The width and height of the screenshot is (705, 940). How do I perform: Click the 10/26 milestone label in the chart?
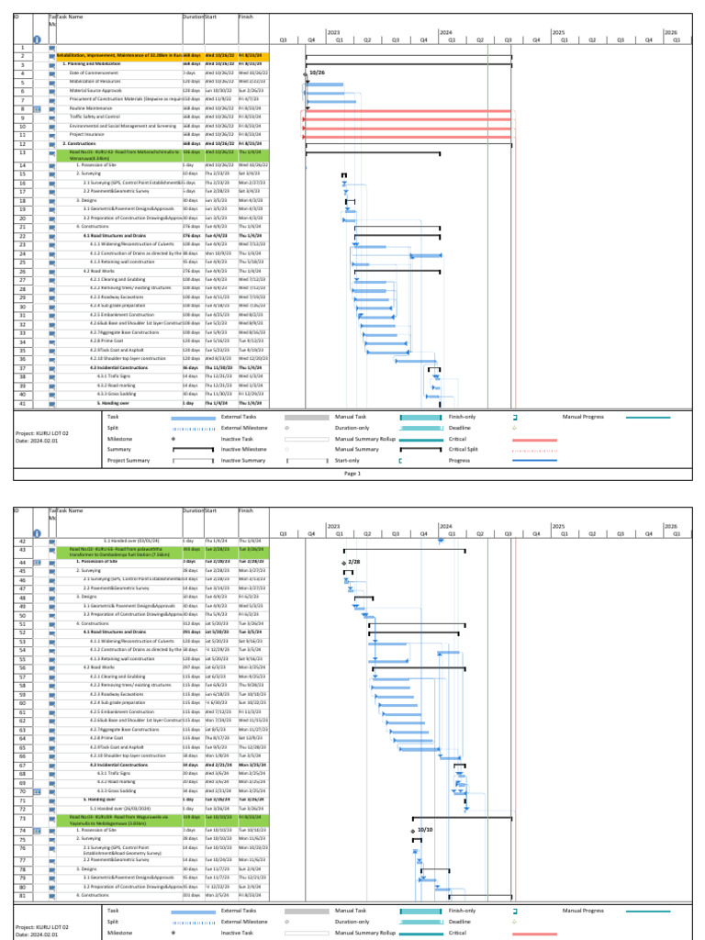318,72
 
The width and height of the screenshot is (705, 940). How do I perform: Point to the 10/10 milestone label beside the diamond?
424,829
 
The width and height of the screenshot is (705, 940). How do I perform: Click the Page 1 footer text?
352,474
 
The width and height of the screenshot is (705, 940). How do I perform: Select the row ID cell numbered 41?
22,403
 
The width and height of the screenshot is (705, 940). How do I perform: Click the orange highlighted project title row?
119,56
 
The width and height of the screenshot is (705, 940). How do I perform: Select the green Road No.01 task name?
119,154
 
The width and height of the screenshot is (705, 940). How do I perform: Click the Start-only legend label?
349,461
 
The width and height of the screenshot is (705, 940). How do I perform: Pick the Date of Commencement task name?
93,72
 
